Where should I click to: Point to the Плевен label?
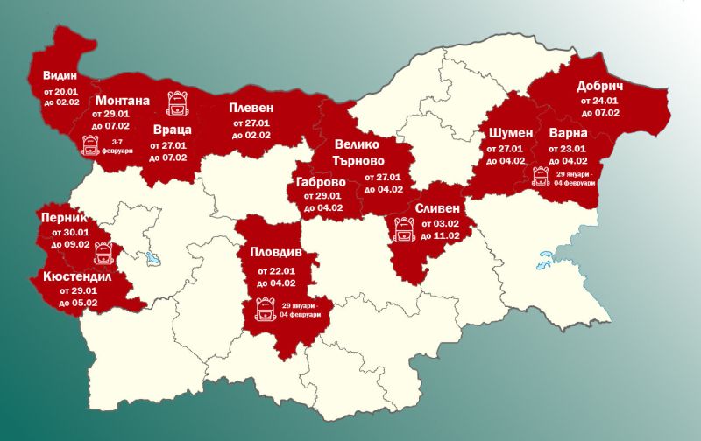251,108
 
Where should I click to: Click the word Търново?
365,160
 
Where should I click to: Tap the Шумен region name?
507,134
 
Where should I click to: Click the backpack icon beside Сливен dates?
404,229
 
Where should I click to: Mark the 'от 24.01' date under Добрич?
598,101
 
